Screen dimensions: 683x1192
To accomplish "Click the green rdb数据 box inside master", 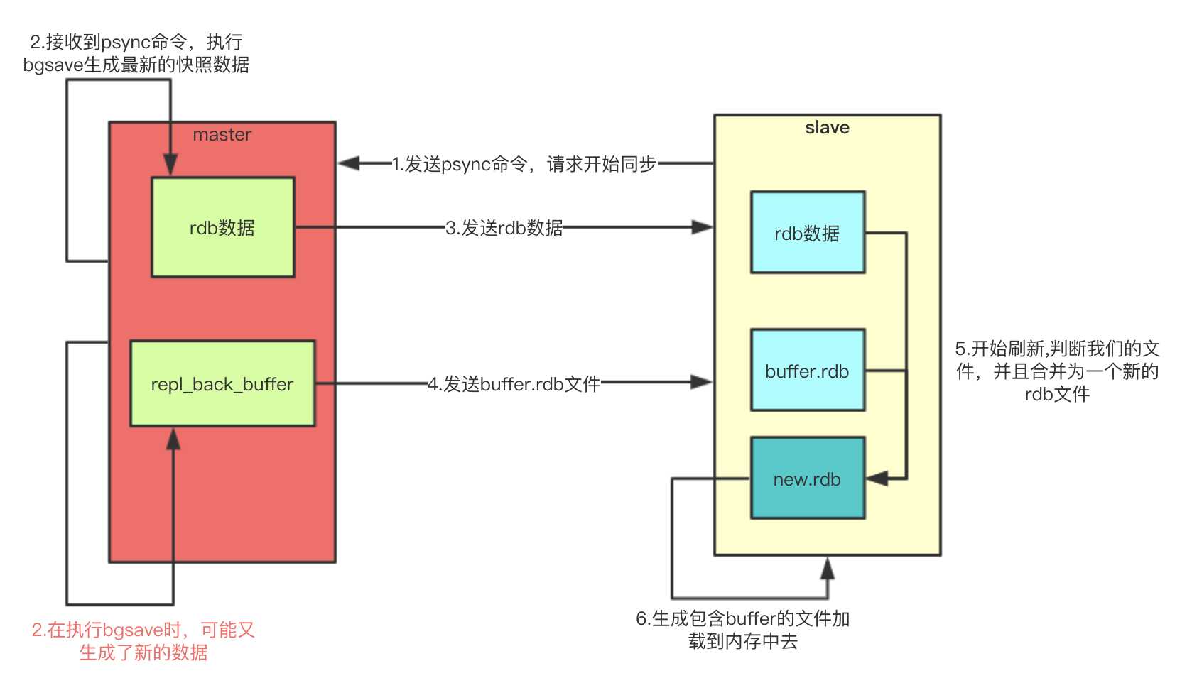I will click(222, 227).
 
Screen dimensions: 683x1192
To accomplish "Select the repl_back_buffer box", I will click(222, 383).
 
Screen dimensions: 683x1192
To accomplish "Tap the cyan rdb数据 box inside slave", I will click(808, 232).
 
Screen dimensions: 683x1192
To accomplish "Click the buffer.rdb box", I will click(808, 370).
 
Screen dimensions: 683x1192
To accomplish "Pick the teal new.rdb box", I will click(808, 479).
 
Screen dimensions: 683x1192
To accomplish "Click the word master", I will click(222, 135).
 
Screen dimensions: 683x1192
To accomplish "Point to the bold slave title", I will click(827, 128).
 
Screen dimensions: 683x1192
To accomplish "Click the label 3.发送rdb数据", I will click(504, 228).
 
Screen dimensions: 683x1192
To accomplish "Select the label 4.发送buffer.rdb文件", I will click(514, 384).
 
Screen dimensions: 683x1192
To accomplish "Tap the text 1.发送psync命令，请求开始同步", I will click(524, 164).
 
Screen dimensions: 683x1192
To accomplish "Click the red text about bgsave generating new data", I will click(143, 641).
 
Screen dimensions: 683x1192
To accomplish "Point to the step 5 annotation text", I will click(1057, 371).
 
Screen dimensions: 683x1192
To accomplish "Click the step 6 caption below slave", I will click(742, 630).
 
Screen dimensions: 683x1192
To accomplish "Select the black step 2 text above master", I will click(136, 53).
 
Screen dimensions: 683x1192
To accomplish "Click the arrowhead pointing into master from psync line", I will click(349, 164).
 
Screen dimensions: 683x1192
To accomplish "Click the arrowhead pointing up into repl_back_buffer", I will click(173, 439).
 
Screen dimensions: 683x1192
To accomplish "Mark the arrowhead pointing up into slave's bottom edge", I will click(828, 568).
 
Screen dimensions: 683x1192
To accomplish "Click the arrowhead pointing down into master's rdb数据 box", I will click(170, 165).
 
